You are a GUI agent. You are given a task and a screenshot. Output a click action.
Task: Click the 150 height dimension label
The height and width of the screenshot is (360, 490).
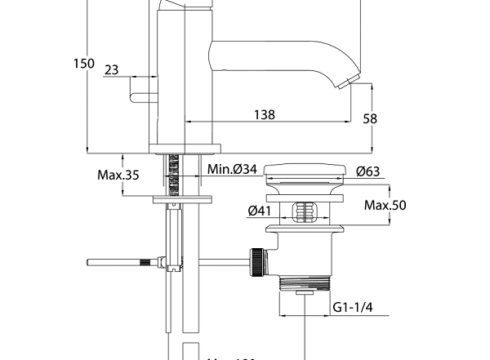click(83, 64)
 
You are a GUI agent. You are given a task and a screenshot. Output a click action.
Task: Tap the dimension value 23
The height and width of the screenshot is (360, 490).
click(112, 70)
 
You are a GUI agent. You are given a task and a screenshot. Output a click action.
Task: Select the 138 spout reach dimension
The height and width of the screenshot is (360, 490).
click(263, 115)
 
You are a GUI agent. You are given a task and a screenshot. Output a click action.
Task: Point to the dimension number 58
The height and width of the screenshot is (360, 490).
click(370, 118)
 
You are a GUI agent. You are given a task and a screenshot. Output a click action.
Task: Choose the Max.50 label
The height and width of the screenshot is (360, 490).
click(385, 205)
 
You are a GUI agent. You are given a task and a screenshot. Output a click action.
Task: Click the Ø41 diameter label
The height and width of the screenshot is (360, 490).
click(260, 211)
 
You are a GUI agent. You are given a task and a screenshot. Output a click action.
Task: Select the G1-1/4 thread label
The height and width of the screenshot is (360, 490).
click(352, 307)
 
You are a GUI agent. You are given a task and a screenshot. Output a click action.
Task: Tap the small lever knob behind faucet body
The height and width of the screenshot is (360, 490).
click(138, 97)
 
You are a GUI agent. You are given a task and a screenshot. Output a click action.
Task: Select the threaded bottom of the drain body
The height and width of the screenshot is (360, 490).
click(304, 284)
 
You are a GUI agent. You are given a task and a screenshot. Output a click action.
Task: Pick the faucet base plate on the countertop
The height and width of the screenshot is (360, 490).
click(185, 149)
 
